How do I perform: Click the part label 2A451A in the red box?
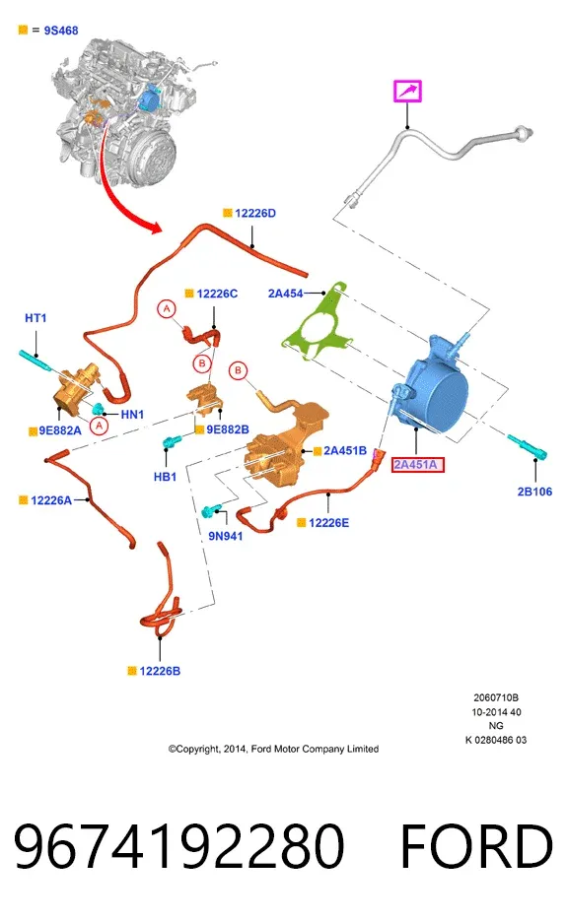pos(416,465)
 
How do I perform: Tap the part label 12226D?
pos(255,213)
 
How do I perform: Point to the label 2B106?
pos(534,491)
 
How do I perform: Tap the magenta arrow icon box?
pos(407,92)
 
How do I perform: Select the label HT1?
pos(35,318)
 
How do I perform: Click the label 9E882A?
pos(60,430)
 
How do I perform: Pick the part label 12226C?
pos(217,294)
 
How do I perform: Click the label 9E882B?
pos(227,429)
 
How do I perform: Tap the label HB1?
pos(165,477)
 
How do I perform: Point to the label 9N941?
pos(226,536)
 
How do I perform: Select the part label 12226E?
pos(328,522)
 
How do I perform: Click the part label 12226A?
pos(51,499)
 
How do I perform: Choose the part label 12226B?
pos(160,671)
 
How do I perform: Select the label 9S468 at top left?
pos(61,30)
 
